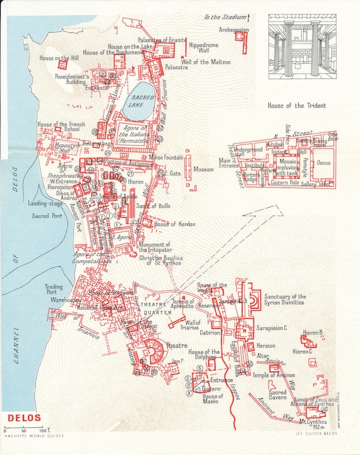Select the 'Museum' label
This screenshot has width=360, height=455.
[x=203, y=170]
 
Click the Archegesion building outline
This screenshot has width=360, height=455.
[x=240, y=37]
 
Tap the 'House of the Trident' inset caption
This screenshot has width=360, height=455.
[x=297, y=106]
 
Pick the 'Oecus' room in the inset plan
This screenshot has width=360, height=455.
[x=341, y=162]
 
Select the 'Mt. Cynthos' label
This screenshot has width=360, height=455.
[x=311, y=420]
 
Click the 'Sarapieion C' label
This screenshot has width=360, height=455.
[x=272, y=328]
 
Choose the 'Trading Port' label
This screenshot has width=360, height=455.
[x=53, y=290]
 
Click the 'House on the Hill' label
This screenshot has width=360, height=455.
[x=59, y=59]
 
